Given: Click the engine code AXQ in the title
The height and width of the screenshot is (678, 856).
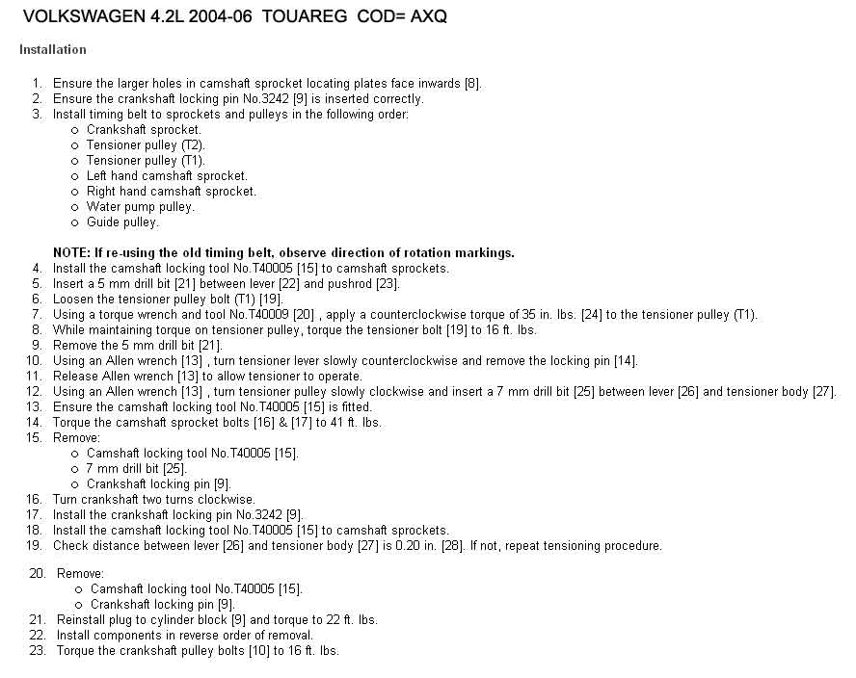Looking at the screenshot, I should coord(426,17).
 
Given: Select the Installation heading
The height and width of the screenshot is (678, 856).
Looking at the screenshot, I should coord(52,49).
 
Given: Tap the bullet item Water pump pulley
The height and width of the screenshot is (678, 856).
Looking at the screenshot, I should coord(141,206).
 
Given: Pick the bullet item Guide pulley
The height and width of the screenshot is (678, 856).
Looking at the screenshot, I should coord(122,222).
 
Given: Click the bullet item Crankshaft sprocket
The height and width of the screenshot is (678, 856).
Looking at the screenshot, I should coord(144,129).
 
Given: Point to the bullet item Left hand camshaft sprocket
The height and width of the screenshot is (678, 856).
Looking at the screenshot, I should coord(167,175).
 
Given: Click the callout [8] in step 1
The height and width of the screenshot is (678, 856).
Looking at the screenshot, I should coord(472,84).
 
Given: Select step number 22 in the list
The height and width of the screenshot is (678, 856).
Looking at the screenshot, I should coord(38,635).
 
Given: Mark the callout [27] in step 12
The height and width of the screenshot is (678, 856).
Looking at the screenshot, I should coord(825,392).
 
